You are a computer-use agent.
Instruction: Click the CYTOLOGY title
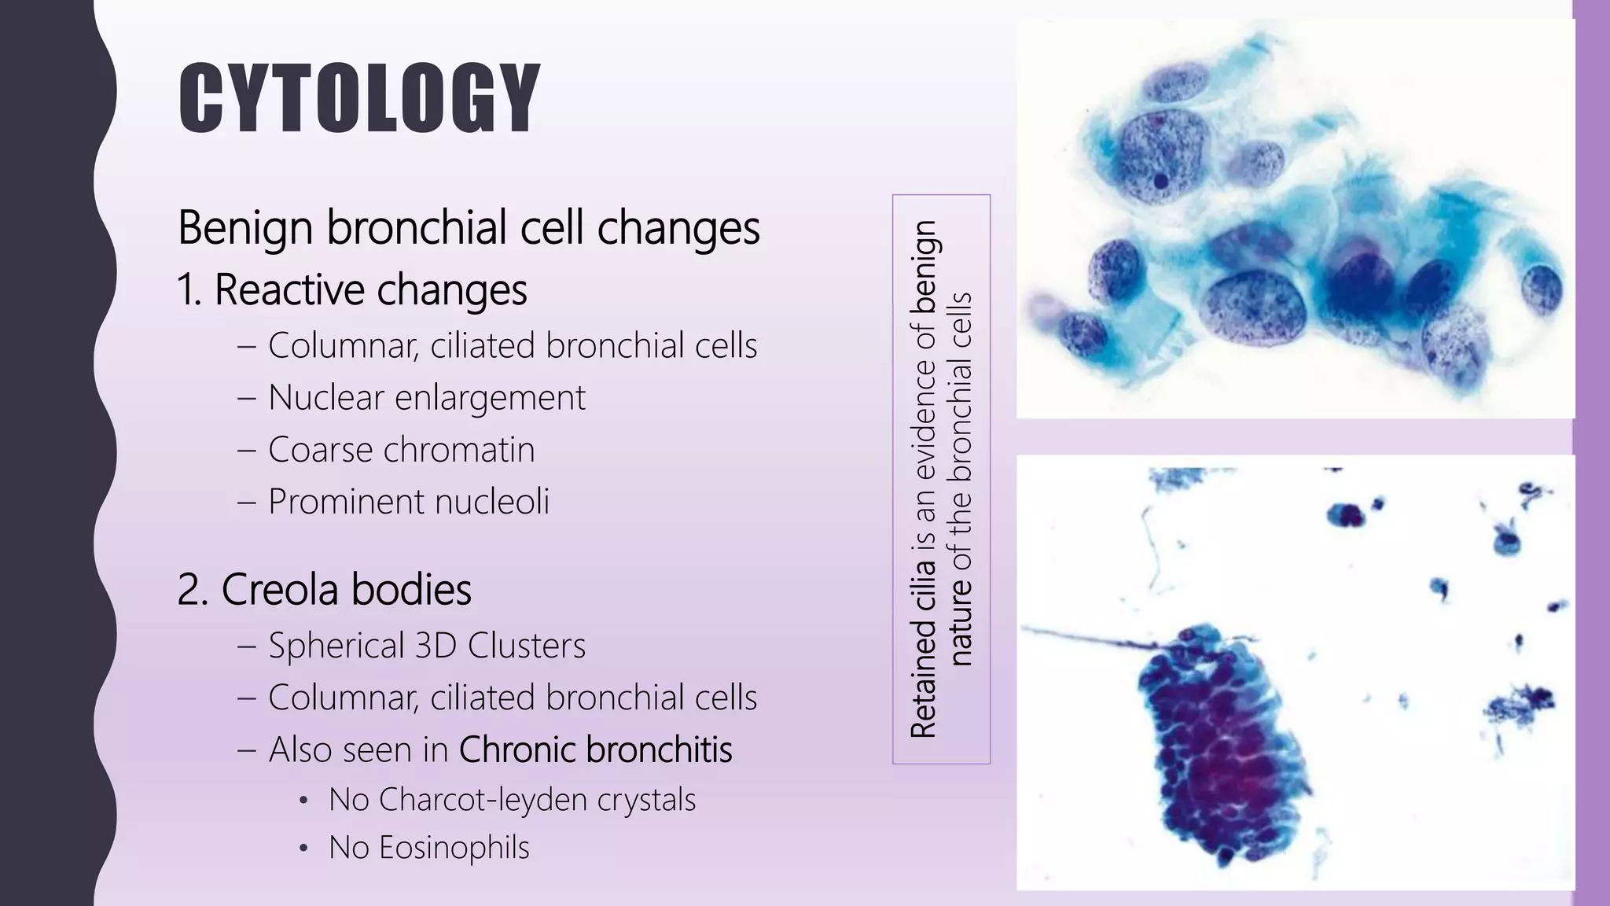pyautogui.click(x=359, y=98)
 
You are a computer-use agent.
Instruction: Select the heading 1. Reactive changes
pyautogui.click(x=351, y=289)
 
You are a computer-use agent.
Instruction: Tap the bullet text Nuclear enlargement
pyautogui.click(x=426, y=397)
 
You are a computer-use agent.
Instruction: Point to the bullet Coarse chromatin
pyautogui.click(x=401, y=450)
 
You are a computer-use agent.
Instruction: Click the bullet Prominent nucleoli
pyautogui.click(x=408, y=502)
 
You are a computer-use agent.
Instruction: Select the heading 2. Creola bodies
pyautogui.click(x=324, y=590)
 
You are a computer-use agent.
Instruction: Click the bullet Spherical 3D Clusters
pyautogui.click(x=426, y=646)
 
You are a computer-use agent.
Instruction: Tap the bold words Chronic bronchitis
pyautogui.click(x=595, y=749)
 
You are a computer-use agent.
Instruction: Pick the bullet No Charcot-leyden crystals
pyautogui.click(x=512, y=800)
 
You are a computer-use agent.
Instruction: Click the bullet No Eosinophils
pyautogui.click(x=428, y=848)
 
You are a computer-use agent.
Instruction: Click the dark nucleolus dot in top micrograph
pyautogui.click(x=1160, y=182)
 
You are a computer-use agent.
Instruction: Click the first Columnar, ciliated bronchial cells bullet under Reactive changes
pyautogui.click(x=512, y=346)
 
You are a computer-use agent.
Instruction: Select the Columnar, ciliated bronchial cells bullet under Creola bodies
pyautogui.click(x=512, y=698)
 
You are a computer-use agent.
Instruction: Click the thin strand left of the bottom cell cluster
pyautogui.click(x=1085, y=638)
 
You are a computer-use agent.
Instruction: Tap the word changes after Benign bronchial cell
pyautogui.click(x=678, y=228)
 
